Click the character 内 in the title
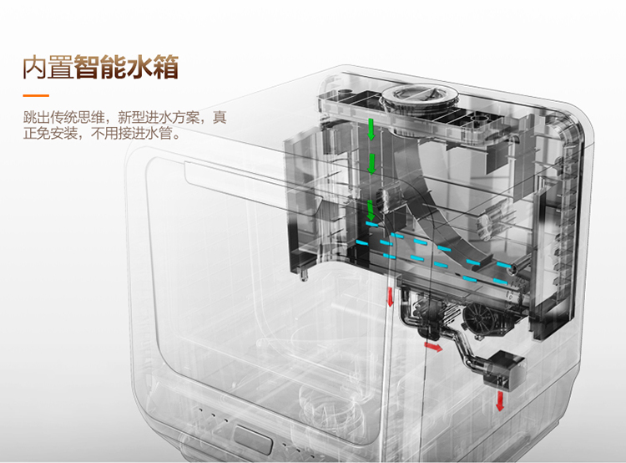[35, 67]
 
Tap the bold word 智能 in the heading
[100, 67]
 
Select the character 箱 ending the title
[166, 67]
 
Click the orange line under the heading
[36, 95]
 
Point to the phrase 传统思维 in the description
[78, 118]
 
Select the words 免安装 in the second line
[57, 133]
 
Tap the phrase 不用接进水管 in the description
[132, 133]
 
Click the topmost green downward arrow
[371, 129]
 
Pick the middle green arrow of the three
[371, 164]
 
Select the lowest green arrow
[371, 210]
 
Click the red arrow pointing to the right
[433, 347]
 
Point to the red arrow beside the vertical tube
[390, 297]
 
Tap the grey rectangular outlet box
[504, 369]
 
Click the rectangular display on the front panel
[253, 440]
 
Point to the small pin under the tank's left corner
[305, 275]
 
